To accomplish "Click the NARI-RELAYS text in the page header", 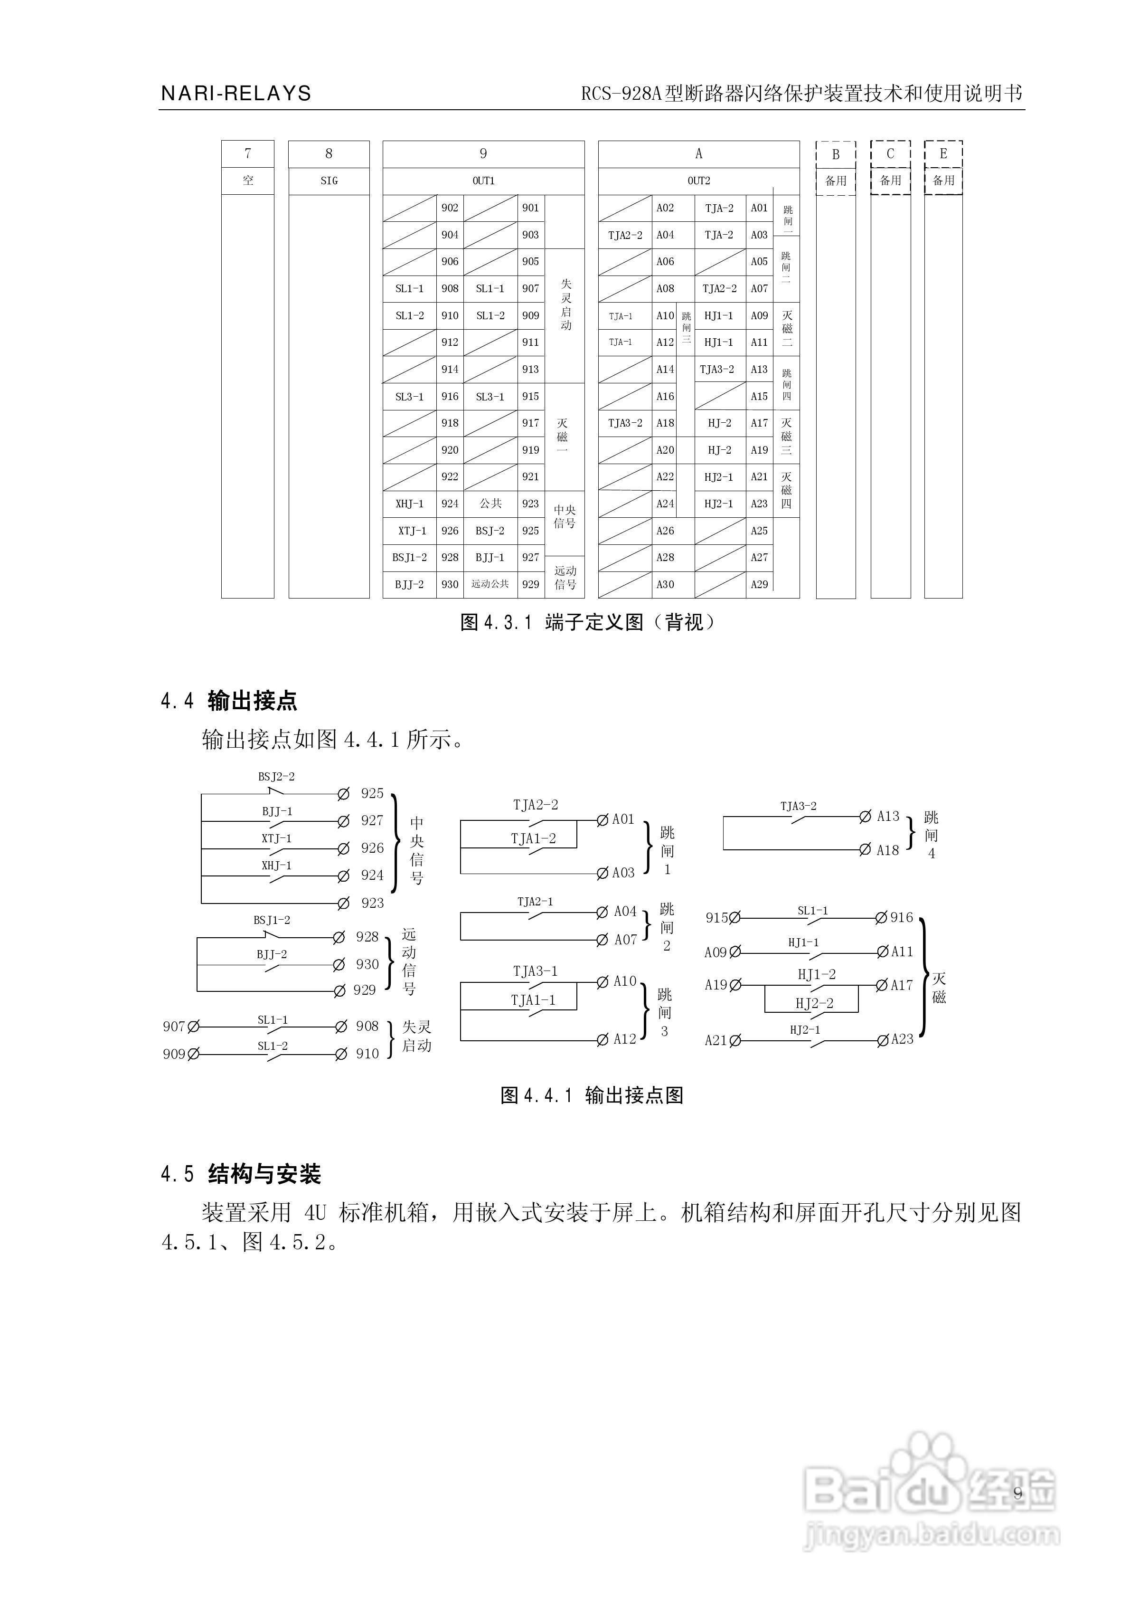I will [236, 93].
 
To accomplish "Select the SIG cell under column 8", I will [329, 181].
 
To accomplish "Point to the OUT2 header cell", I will [698, 181].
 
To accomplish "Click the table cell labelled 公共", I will [490, 503].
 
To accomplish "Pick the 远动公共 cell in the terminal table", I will [490, 584].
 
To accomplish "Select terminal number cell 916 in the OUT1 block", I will [450, 397].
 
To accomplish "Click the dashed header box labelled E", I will [943, 154].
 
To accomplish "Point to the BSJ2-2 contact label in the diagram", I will [276, 777].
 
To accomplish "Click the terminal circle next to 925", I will [343, 794].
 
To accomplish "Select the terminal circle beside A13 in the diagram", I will [865, 817].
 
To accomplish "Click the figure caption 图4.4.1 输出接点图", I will [592, 1095].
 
